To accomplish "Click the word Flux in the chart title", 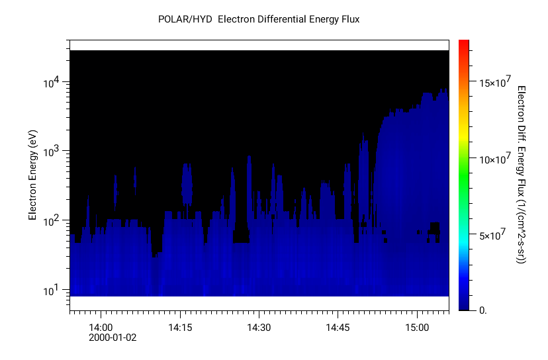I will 348,19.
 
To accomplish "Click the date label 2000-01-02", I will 112,337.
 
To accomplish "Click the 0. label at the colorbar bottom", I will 483,310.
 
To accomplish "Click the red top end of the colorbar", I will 464,44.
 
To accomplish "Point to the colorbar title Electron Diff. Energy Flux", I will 521,175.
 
